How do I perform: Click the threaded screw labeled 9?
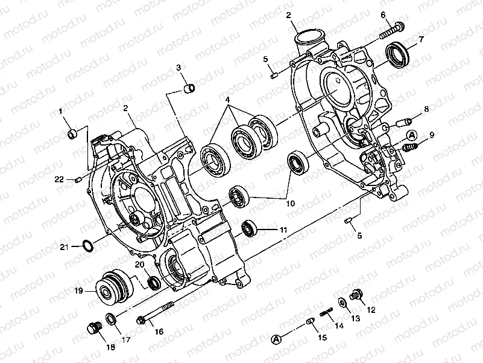pyautogui.click(x=410, y=146)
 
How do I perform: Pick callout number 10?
pyautogui.click(x=290, y=204)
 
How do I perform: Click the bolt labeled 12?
pyautogui.click(x=355, y=295)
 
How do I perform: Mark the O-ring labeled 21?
pyautogui.click(x=88, y=246)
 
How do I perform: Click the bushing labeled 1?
pyautogui.click(x=72, y=132)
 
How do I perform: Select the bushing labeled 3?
pyautogui.click(x=188, y=89)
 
